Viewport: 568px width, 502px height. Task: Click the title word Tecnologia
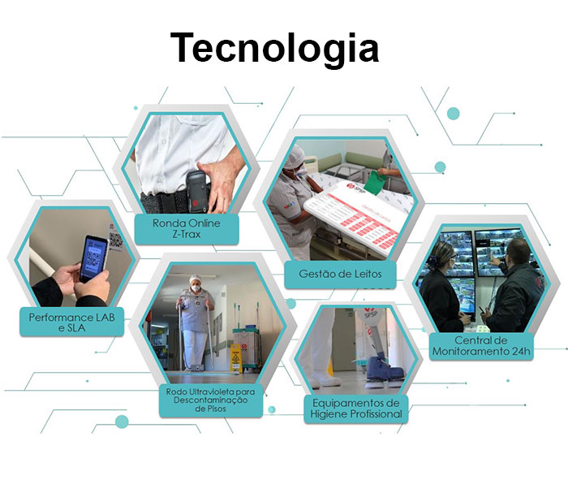pos(274,49)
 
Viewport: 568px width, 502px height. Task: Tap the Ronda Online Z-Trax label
pos(187,228)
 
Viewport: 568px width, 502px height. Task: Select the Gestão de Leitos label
pos(340,274)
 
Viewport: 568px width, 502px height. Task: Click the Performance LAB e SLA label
pos(71,322)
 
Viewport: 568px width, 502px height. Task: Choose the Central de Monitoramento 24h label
pos(481,346)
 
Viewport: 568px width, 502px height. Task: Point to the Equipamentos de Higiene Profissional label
pos(356,409)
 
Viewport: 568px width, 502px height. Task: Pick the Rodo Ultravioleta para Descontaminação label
pos(210,400)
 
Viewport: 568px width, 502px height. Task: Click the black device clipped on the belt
pos(197,191)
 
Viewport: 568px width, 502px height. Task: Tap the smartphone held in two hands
pos(93,258)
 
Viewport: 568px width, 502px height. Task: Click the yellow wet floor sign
pos(236,358)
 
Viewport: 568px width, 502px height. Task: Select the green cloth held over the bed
pos(375,183)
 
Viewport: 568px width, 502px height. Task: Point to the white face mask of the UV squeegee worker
pos(196,288)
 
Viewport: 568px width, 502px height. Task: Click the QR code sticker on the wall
pos(116,240)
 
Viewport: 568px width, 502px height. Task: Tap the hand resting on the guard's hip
pos(221,180)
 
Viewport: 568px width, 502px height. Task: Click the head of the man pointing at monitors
pos(519,251)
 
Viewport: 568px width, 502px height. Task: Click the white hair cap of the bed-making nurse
pos(294,157)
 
